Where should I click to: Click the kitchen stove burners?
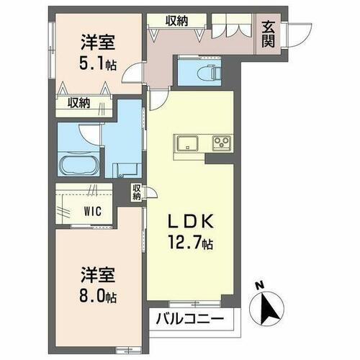tap(220, 142)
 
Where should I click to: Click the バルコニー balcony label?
tap(192, 318)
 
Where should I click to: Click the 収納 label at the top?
tap(177, 21)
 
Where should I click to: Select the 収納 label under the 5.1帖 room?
tap(79, 103)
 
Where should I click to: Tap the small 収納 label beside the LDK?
tap(137, 192)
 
